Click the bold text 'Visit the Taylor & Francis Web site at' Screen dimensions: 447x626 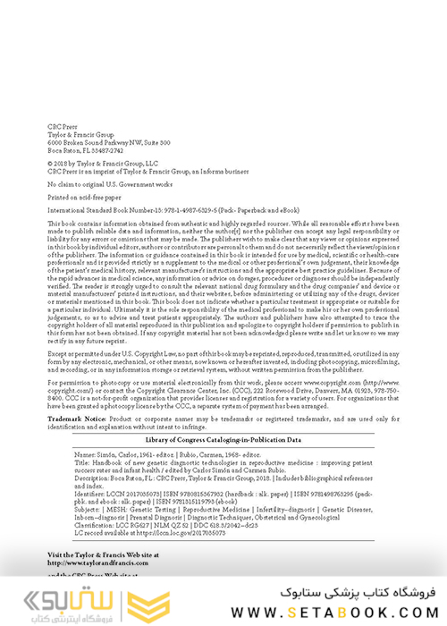(108, 580)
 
